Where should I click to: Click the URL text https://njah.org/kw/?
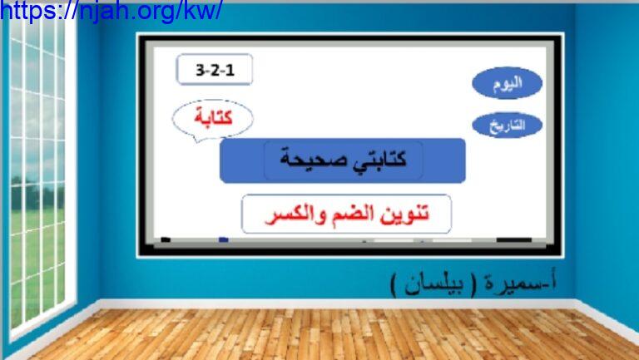(111, 11)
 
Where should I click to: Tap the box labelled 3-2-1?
(215, 69)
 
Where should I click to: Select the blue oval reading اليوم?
(507, 83)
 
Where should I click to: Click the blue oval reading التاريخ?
(507, 125)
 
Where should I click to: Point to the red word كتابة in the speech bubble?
(213, 117)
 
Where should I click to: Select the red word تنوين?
(404, 214)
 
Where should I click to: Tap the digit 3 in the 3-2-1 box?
(200, 70)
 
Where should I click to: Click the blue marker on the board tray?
(223, 239)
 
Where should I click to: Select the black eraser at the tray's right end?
(514, 240)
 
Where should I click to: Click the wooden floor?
(326, 334)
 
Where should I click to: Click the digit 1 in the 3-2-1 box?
(230, 70)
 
